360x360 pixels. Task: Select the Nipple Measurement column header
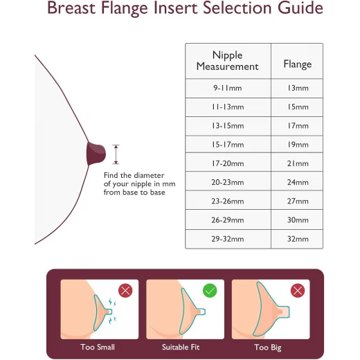click(228, 61)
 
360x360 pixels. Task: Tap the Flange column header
click(297, 61)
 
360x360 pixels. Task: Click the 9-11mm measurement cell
click(228, 88)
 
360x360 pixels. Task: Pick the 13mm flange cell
click(297, 88)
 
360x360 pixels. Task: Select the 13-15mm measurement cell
click(228, 126)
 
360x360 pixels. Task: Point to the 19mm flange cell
click(297, 145)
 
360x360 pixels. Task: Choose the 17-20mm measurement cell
click(228, 163)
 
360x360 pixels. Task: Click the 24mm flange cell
click(297, 182)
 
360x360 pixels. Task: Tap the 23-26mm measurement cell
click(228, 201)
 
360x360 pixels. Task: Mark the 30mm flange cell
click(297, 220)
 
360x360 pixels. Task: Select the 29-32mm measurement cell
click(228, 239)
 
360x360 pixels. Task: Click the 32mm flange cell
click(297, 239)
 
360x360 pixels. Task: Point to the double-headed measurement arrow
click(116, 154)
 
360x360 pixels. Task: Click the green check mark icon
click(210, 291)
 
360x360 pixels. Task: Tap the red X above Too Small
click(125, 291)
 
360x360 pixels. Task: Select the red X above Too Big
click(298, 291)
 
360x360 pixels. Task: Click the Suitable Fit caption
click(181, 347)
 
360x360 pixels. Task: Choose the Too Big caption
click(268, 348)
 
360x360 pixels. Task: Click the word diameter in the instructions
click(150, 175)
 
